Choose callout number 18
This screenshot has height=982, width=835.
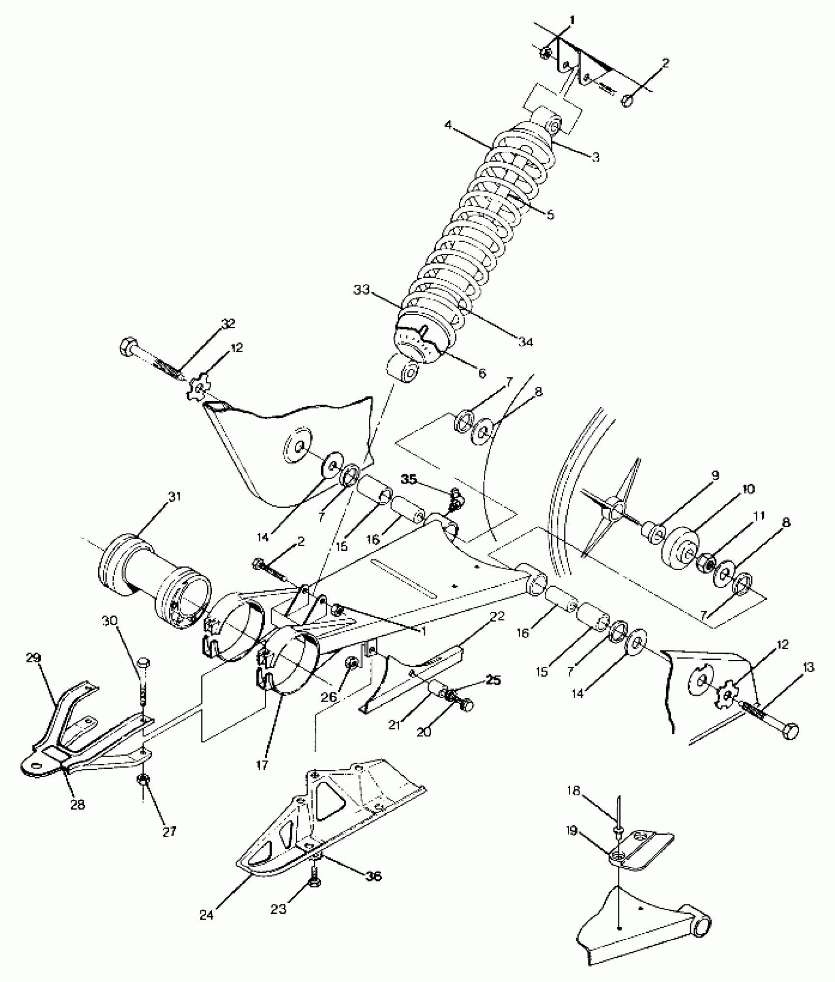click(574, 805)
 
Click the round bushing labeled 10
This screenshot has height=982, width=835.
click(680, 548)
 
